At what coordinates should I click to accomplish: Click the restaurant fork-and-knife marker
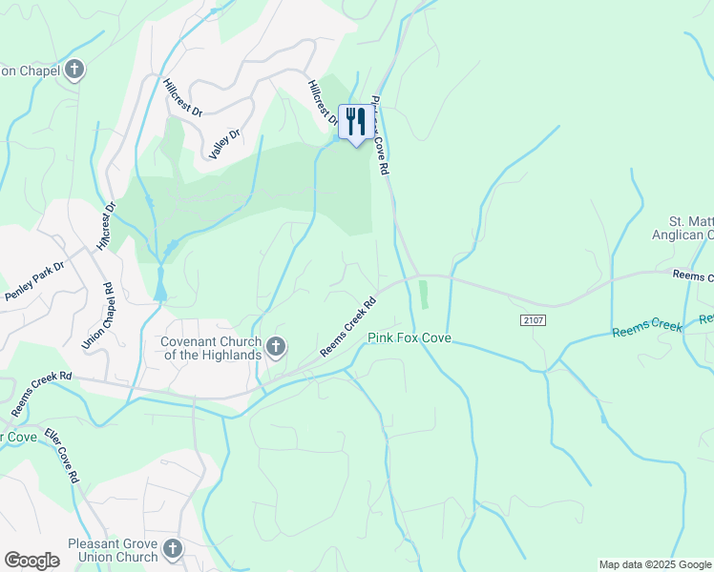pyautogui.click(x=356, y=121)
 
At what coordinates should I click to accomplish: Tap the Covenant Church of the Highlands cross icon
pyautogui.click(x=276, y=346)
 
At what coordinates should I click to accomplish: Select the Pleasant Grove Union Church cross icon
pyautogui.click(x=172, y=548)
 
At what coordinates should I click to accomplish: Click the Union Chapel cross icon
pyautogui.click(x=74, y=70)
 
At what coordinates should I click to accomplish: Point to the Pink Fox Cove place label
pyautogui.click(x=409, y=338)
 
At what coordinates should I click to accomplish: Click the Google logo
pyautogui.click(x=31, y=561)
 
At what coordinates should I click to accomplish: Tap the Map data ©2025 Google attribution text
pyautogui.click(x=655, y=564)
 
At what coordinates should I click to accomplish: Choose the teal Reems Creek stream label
pyautogui.click(x=647, y=327)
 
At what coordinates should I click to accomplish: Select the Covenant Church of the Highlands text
pyautogui.click(x=210, y=348)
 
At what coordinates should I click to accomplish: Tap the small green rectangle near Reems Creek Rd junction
pyautogui.click(x=423, y=294)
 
